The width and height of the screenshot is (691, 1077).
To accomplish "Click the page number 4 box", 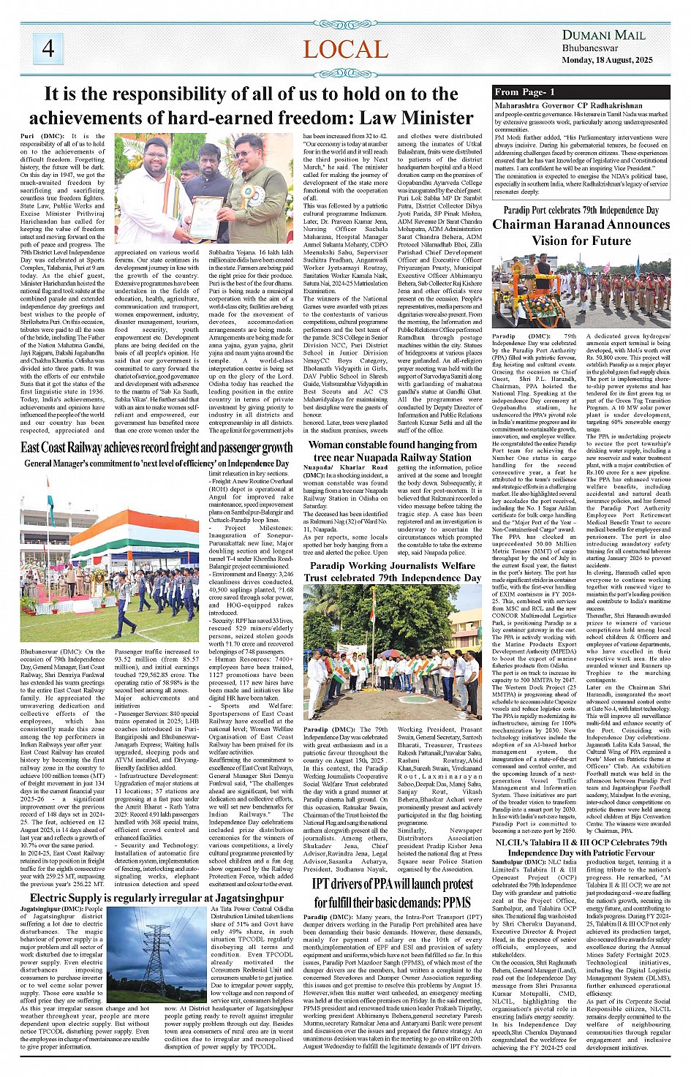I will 48,48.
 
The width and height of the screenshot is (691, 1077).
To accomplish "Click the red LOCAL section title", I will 345,50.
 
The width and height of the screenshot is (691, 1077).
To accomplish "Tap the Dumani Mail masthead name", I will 603,35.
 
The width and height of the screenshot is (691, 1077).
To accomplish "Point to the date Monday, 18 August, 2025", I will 606,60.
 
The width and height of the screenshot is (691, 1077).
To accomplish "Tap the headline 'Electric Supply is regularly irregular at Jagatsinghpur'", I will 156,897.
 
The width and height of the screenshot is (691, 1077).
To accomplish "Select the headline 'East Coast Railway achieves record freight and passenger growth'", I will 156,447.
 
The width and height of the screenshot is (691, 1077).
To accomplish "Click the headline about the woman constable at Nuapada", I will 393,450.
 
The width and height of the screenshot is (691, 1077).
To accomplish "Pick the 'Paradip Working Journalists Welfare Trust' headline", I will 393,571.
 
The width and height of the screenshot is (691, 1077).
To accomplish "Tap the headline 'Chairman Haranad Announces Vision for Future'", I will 581,233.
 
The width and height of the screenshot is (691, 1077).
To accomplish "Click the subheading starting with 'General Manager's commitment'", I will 156,463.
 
